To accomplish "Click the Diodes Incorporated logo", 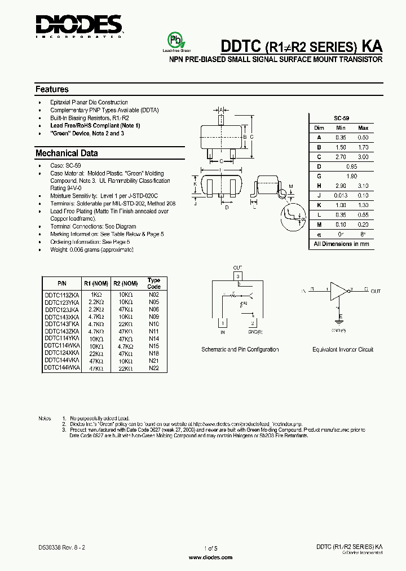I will pyautogui.click(x=78, y=25).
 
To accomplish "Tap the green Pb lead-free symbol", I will pyautogui.click(x=175, y=41).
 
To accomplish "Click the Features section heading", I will pyautogui.click(x=52, y=89).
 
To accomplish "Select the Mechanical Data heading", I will pyautogui.click(x=67, y=153).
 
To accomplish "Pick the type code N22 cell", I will pyautogui.click(x=154, y=368).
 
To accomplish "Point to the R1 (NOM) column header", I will pyautogui.click(x=96, y=283).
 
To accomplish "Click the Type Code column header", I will pyautogui.click(x=154, y=283).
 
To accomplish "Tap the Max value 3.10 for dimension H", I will pyautogui.click(x=363, y=186).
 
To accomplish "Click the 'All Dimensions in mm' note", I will pyautogui.click(x=341, y=244).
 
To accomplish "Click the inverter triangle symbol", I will pyautogui.click(x=339, y=290).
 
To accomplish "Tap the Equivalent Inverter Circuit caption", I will pyautogui.click(x=343, y=350).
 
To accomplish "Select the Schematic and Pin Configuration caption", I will pyautogui.click(x=240, y=350).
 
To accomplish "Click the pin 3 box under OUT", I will pyautogui.click(x=238, y=276).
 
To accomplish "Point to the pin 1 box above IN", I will pyautogui.click(x=224, y=323).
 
